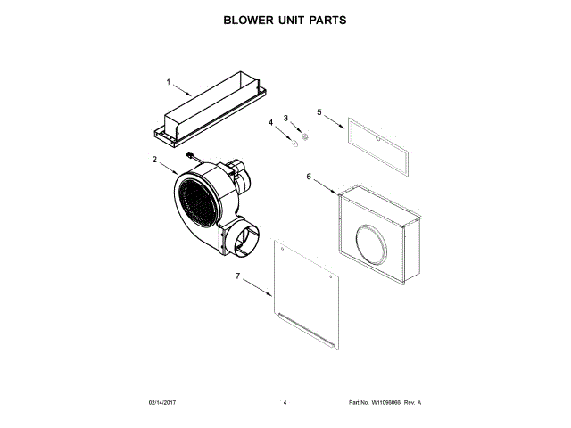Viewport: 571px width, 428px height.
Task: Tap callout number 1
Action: click(168, 82)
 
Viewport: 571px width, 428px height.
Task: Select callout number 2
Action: click(154, 160)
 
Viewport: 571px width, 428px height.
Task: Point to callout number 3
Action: click(286, 118)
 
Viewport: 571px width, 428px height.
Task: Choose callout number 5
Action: click(319, 112)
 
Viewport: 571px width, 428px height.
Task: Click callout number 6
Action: click(309, 177)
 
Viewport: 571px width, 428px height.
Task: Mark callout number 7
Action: click(237, 276)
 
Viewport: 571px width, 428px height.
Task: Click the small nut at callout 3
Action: click(303, 136)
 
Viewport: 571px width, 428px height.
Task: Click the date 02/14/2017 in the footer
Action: click(163, 402)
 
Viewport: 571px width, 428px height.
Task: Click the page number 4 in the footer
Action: click(285, 402)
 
